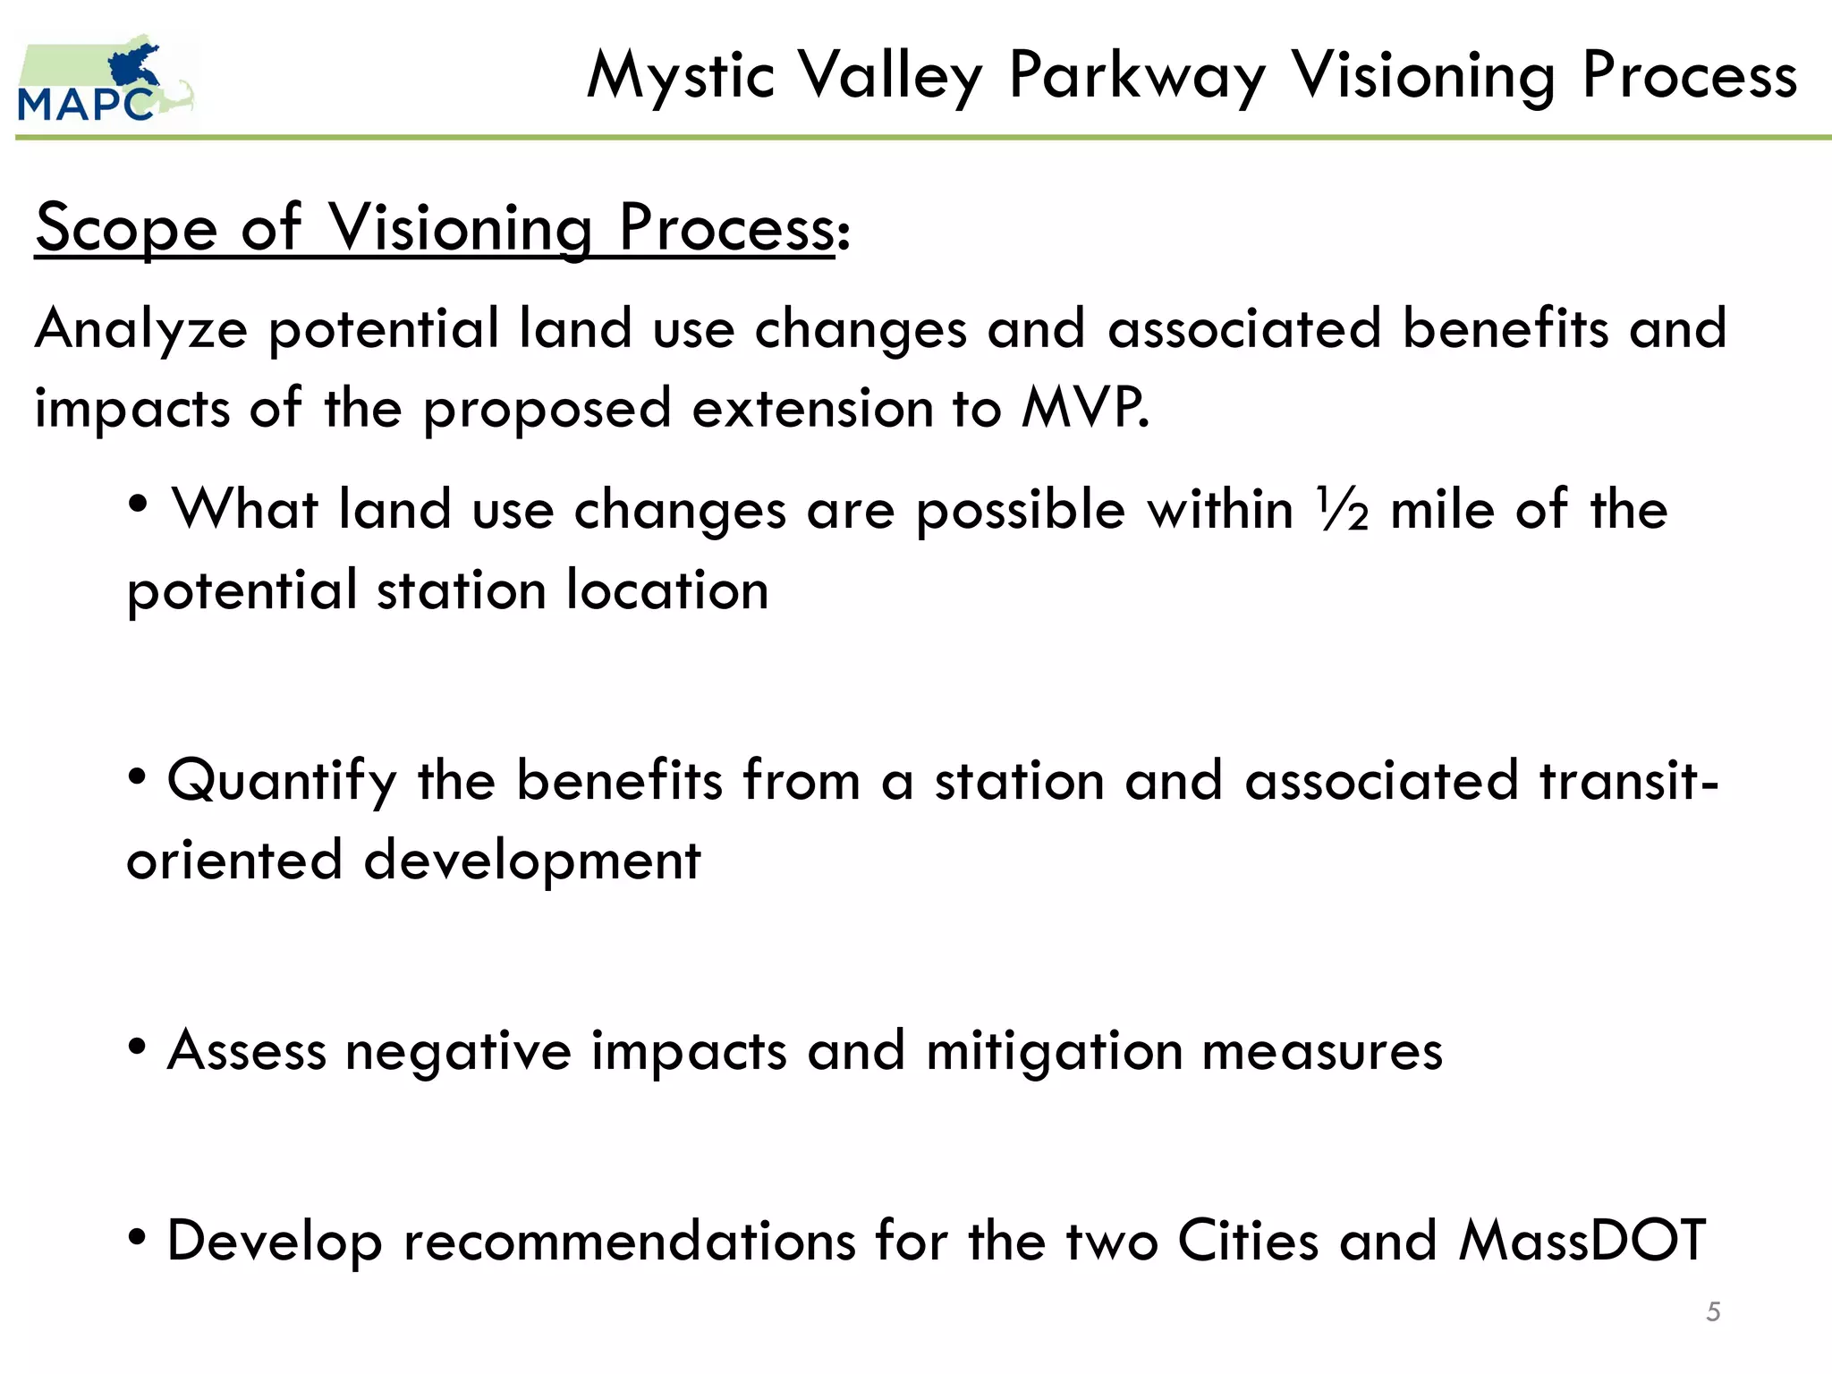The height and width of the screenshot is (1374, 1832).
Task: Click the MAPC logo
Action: [x=106, y=81]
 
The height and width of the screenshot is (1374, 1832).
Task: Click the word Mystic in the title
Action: [x=680, y=77]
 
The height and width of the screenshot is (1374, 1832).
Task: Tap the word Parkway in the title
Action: [x=1137, y=77]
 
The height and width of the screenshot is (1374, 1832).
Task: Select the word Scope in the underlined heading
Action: [x=126, y=229]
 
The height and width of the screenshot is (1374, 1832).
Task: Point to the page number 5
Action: [x=1713, y=1311]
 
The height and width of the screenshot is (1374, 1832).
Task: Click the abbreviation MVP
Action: [x=1084, y=408]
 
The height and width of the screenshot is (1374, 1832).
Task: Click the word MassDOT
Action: [x=1582, y=1241]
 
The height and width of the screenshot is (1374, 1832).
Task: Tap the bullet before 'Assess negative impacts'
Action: [x=137, y=1047]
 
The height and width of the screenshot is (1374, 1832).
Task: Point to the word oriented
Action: [x=234, y=861]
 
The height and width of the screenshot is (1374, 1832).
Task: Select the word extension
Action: [x=810, y=410]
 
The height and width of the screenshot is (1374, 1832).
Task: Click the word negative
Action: [x=458, y=1052]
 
